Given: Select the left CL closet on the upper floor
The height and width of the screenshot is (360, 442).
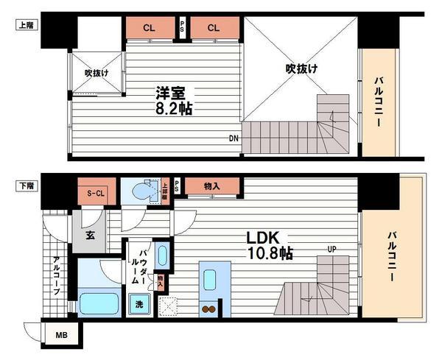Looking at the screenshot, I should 150,28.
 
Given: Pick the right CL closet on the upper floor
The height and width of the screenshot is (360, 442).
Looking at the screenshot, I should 213,28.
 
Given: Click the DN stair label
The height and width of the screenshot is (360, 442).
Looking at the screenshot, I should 234,138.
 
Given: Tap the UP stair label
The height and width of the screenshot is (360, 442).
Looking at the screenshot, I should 332,250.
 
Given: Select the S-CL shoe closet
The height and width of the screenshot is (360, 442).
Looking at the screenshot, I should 95,194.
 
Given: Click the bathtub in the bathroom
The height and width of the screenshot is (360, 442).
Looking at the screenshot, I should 100,303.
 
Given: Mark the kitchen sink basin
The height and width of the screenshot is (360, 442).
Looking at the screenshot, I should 209,280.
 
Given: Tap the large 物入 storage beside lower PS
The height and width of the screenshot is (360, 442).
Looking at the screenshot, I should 212,186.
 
